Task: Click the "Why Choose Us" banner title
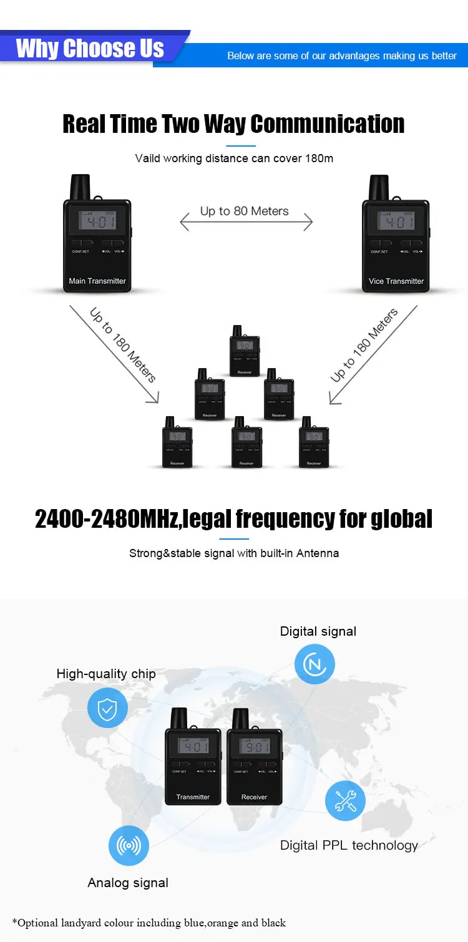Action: pos(90,48)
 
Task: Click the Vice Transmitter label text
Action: pos(396,281)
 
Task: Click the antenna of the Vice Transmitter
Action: pos(379,187)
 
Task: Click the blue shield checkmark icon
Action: pos(107,708)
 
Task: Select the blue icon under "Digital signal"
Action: pos(315,664)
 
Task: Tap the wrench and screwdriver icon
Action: pos(345,800)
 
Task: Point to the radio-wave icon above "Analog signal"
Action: pos(129,846)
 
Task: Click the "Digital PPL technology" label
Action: pos(349,845)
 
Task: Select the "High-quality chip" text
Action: pos(106,674)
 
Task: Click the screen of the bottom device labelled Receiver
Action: pos(254,746)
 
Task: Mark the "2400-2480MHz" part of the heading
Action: pos(106,519)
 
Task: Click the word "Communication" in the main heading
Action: pos(327,124)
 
